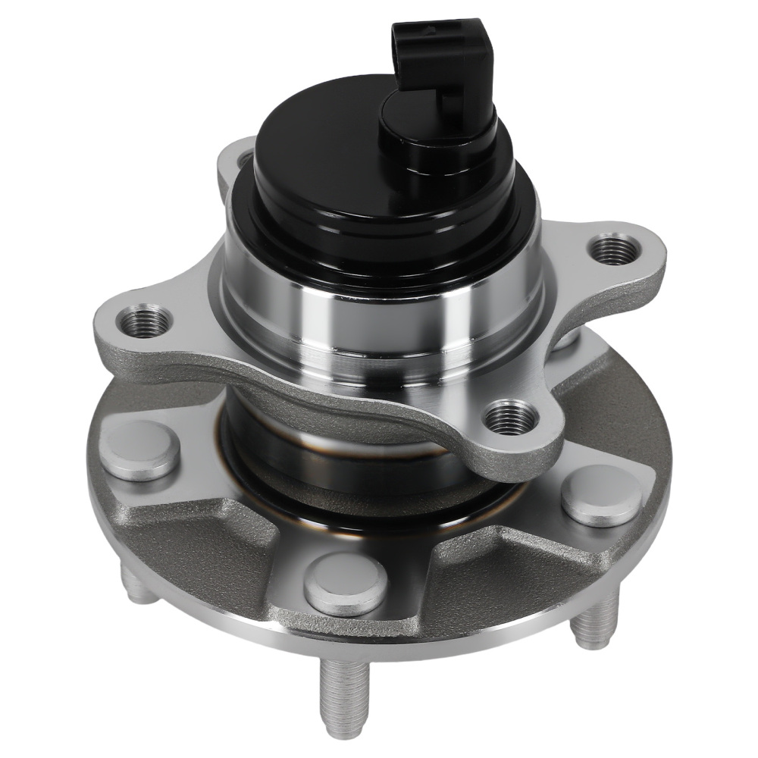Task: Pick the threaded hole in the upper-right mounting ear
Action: [x=613, y=249]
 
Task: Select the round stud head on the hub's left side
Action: [x=141, y=450]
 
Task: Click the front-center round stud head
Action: [x=345, y=583]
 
